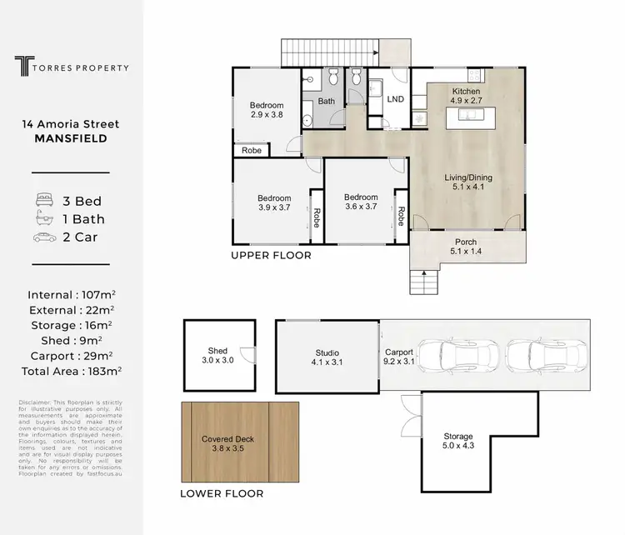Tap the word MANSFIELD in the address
pos(71,139)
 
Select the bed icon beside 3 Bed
pos(44,201)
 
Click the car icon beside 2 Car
pos(44,237)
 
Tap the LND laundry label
pos(396,98)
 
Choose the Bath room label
pos(326,102)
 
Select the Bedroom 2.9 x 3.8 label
pos(267,110)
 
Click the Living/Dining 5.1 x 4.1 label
pos(467,182)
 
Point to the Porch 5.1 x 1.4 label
pos(467,246)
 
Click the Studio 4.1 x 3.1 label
pos(326,357)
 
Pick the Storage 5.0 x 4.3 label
pos(457,441)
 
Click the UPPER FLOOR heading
pos(271,256)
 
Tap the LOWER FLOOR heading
pos(222,493)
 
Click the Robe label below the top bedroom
pos(251,151)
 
